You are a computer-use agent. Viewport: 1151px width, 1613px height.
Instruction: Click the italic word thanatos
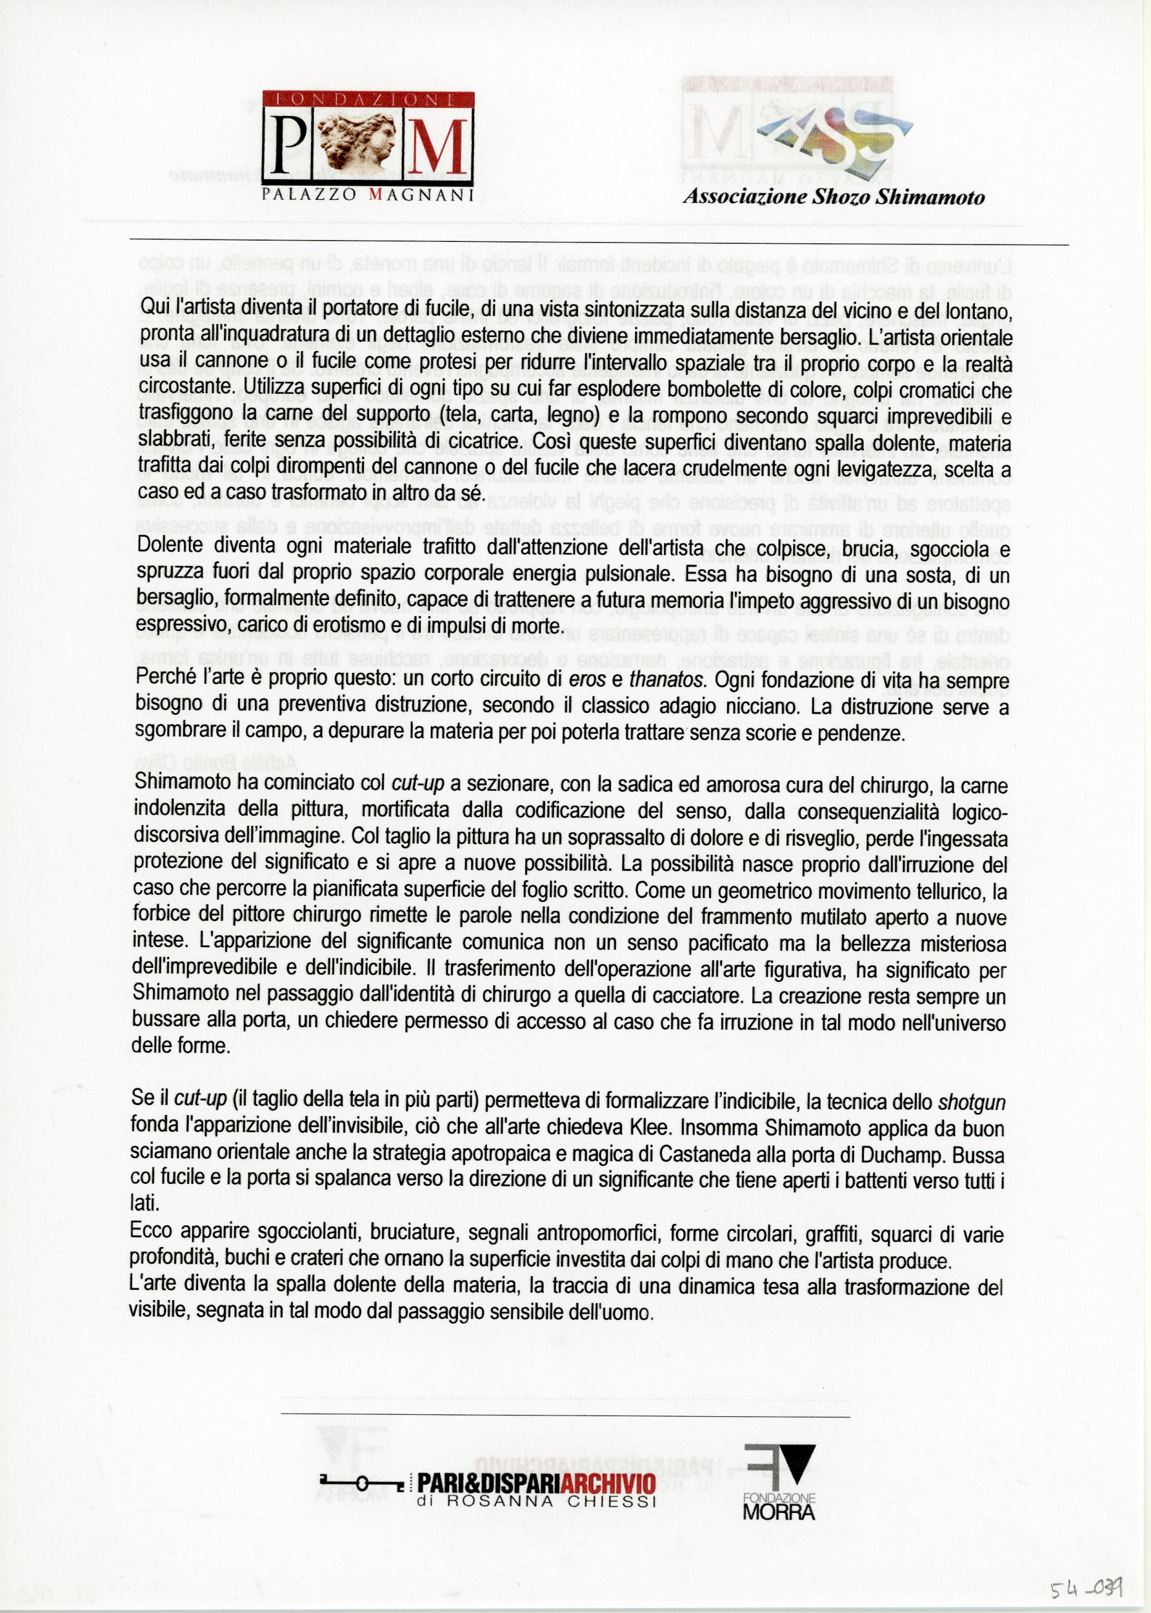click(667, 679)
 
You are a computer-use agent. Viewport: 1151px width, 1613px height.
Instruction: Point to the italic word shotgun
click(972, 1102)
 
